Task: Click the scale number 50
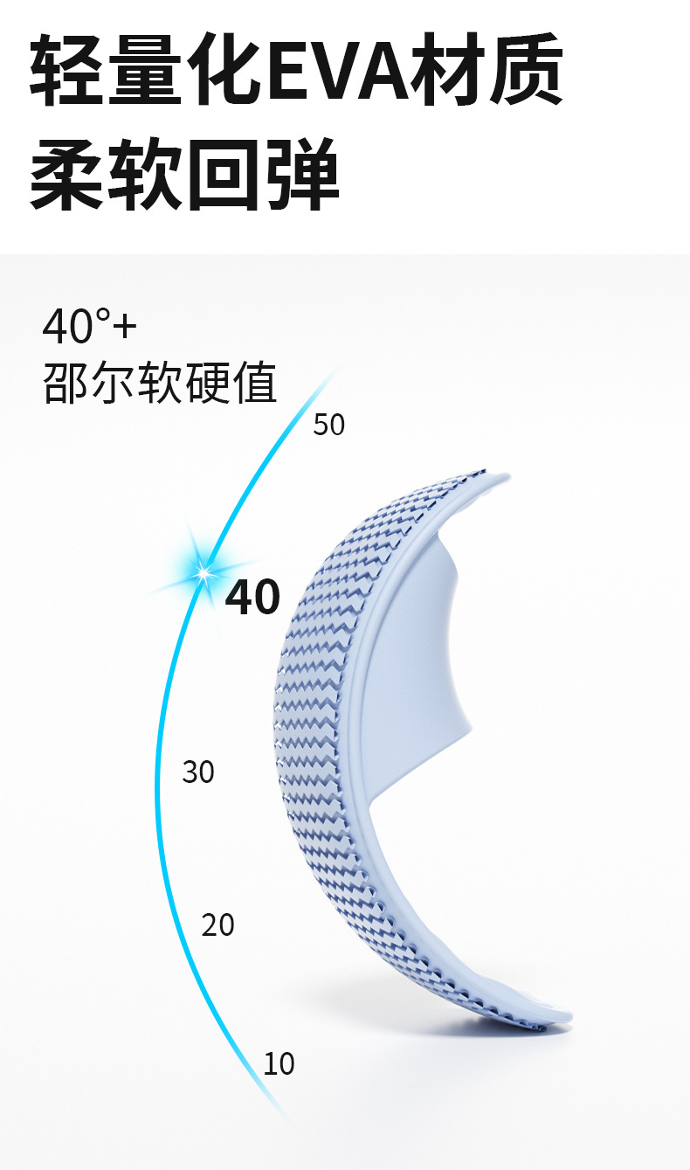pos(328,425)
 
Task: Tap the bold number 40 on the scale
pos(252,598)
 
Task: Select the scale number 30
pos(198,772)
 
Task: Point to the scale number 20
pos(218,924)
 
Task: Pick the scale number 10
pos(279,1064)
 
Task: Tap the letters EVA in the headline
pos(346,70)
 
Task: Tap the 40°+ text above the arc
pos(90,327)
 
